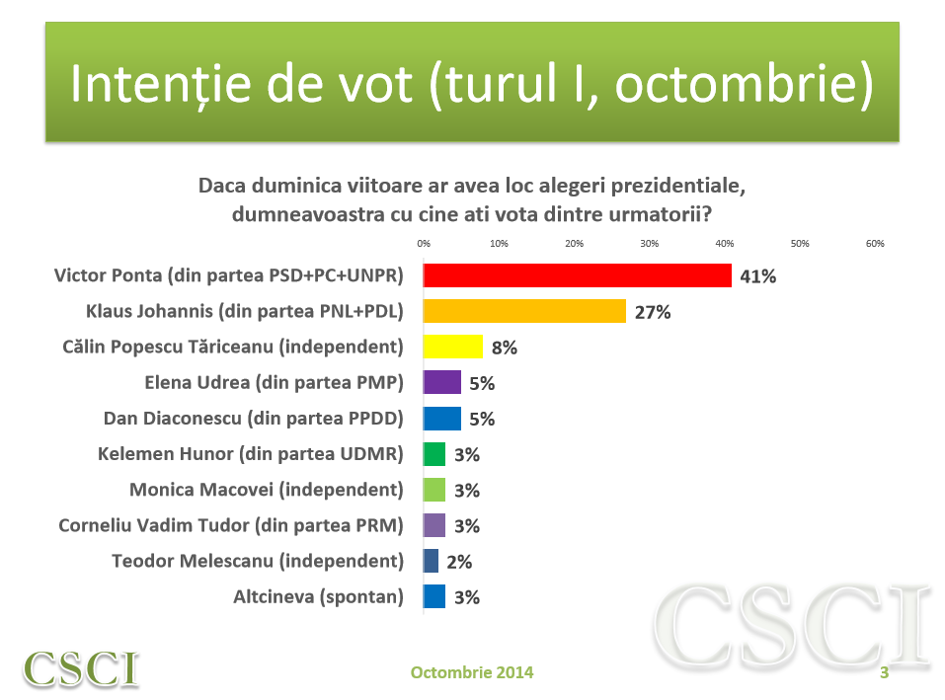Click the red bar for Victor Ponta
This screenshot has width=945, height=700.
[x=577, y=275]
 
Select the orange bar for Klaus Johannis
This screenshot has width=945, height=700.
[x=524, y=311]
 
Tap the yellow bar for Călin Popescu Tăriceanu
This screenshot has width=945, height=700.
[x=453, y=347]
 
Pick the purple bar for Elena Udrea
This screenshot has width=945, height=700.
[x=441, y=382]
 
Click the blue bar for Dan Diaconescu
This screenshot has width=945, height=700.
[x=441, y=418]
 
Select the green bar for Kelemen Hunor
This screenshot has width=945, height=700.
[x=434, y=454]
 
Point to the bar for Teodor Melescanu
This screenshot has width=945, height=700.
[x=431, y=561]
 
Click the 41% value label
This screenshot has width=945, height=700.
[x=758, y=276]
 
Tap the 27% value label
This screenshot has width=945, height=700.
[x=653, y=312]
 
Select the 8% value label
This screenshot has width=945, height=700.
[x=504, y=348]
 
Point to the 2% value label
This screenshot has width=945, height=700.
[x=458, y=562]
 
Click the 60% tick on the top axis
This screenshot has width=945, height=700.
[x=875, y=243]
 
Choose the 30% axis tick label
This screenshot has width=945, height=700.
[x=649, y=243]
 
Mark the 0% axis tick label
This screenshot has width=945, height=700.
[x=424, y=243]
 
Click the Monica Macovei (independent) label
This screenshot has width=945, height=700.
[x=267, y=490]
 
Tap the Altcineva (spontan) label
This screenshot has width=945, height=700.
[x=318, y=596]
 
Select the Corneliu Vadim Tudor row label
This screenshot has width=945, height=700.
[x=231, y=525]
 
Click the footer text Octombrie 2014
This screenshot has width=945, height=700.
[x=472, y=672]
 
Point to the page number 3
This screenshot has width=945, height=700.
[x=884, y=672]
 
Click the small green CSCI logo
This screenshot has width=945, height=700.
[x=81, y=668]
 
